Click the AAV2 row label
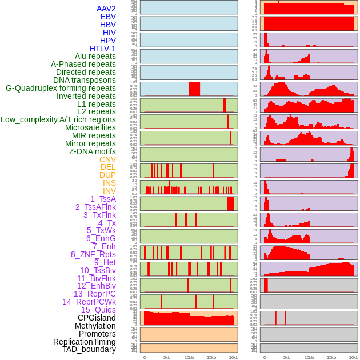coord(106,9)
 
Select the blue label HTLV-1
coord(102,49)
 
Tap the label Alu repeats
coord(95,57)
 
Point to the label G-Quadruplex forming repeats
coord(61,88)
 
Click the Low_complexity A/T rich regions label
coord(58,119)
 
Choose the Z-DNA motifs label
coord(92,151)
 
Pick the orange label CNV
coord(107,159)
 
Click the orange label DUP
coord(107,175)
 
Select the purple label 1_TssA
coord(103,199)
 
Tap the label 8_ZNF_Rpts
coord(93,254)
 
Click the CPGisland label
coord(97,318)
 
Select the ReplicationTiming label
coord(84,342)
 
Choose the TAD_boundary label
coord(89,349)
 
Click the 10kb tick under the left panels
coord(189,357)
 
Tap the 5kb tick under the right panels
coord(286,357)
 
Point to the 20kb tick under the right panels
coord(354,357)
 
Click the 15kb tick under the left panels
coord(211,357)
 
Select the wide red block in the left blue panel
coord(194,89)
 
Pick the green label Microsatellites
coord(90,127)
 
